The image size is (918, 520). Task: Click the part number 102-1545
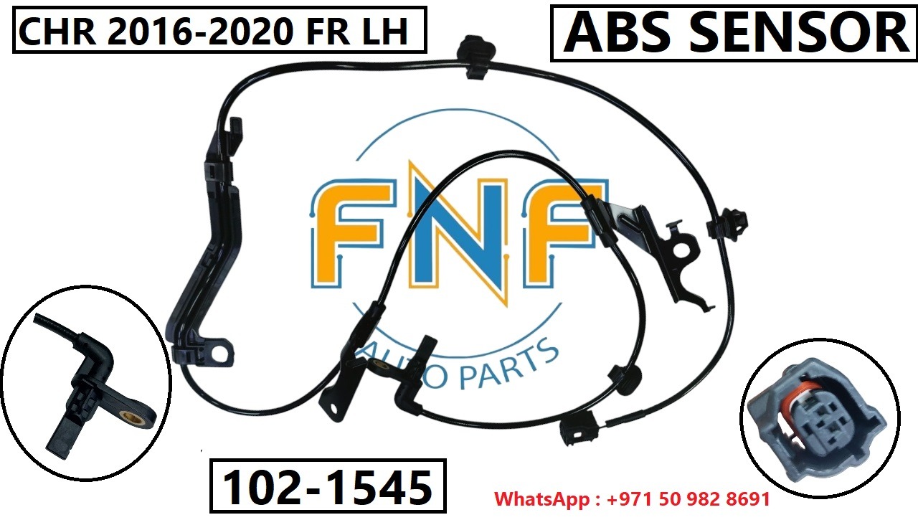pyautogui.click(x=328, y=487)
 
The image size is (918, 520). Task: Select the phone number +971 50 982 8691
pyautogui.click(x=688, y=499)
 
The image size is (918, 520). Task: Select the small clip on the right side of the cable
pyautogui.click(x=727, y=223)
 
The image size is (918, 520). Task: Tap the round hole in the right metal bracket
pyautogui.click(x=681, y=250)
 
